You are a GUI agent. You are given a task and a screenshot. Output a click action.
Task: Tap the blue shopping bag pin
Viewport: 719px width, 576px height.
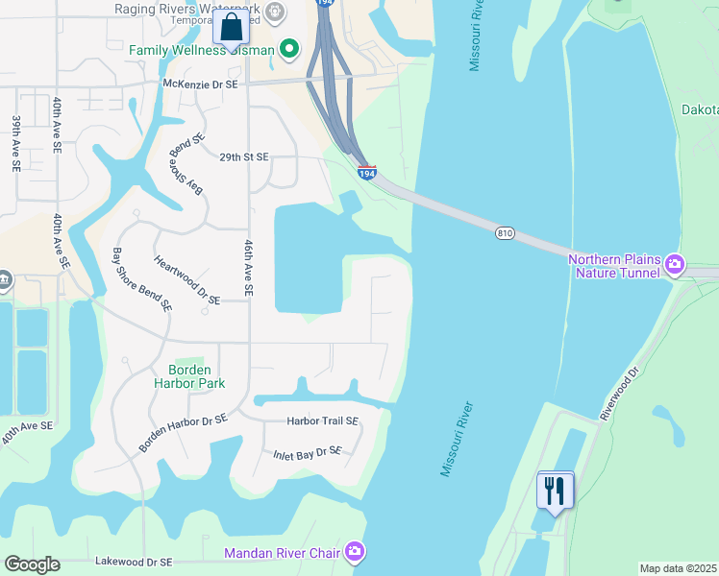(x=231, y=27)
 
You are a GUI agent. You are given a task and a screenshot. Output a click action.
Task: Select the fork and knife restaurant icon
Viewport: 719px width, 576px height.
(x=555, y=491)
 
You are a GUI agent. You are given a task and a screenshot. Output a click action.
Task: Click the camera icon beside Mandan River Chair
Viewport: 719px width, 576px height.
(x=355, y=551)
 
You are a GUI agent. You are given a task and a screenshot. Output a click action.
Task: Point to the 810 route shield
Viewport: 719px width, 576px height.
(x=506, y=233)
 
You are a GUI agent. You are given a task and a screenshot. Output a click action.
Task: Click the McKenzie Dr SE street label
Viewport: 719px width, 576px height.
(x=200, y=84)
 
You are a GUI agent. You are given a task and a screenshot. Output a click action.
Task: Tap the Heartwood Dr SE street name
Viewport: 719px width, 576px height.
(x=186, y=279)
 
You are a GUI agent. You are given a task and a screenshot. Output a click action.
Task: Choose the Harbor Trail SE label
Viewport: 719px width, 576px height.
(x=322, y=420)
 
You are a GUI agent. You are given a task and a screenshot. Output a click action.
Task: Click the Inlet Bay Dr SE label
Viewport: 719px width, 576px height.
(x=308, y=451)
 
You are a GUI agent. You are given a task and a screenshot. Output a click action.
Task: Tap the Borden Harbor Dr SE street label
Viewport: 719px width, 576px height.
(x=183, y=432)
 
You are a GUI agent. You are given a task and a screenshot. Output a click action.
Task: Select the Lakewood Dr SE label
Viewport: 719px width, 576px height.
(x=134, y=562)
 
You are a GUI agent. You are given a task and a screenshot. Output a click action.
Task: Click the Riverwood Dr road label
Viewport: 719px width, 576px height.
(x=620, y=394)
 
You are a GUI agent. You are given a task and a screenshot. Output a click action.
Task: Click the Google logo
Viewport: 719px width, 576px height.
(x=32, y=564)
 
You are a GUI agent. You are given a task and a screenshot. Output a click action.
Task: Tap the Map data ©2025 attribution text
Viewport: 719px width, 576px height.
(x=678, y=568)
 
